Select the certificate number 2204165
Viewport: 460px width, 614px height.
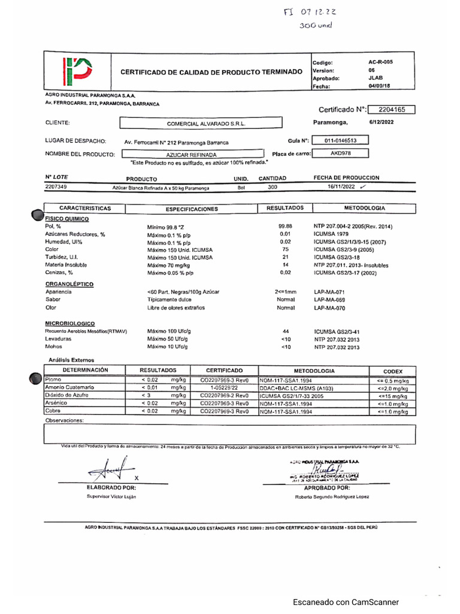(392, 110)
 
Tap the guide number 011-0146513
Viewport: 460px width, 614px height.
(340, 140)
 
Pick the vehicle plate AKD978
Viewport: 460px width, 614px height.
(340, 153)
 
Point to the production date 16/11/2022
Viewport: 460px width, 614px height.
(341, 187)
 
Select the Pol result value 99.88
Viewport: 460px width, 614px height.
(285, 226)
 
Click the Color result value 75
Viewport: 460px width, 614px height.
(285, 249)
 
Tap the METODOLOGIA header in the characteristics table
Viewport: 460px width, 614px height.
(365, 208)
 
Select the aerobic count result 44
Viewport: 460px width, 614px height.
(285, 331)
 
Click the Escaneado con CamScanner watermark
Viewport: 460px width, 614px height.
(346, 602)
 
